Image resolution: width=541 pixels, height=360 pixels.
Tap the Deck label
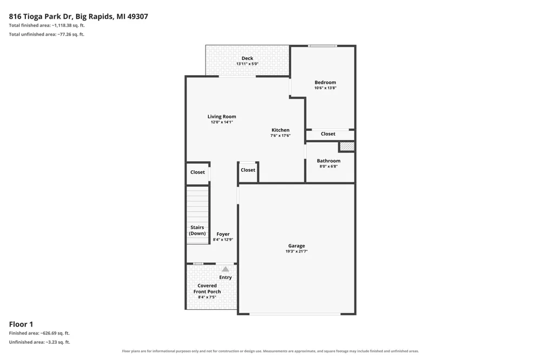247,58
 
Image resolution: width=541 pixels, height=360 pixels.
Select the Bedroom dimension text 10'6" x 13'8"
325,88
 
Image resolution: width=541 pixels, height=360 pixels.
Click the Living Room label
222,117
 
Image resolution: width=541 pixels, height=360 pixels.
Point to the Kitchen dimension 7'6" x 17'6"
280,136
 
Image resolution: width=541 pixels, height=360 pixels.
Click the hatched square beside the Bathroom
347,146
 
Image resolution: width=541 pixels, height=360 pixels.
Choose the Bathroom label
329,161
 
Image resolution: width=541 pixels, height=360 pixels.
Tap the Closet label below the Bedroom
328,134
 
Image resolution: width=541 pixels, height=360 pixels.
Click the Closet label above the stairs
197,172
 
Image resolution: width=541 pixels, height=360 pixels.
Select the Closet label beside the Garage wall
248,170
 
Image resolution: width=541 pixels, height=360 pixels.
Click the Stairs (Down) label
197,230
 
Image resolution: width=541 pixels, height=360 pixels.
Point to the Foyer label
223,234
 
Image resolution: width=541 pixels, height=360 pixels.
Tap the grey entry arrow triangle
225,269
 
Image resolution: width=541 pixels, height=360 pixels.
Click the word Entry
226,278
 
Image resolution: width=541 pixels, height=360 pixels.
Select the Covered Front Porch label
207,289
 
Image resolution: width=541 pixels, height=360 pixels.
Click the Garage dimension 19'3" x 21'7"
296,251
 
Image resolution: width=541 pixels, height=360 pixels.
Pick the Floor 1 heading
21,324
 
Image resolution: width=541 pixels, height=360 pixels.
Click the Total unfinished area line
47,34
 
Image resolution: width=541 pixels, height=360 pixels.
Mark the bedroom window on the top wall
322,46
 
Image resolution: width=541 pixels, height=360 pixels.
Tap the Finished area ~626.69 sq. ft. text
39,333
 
